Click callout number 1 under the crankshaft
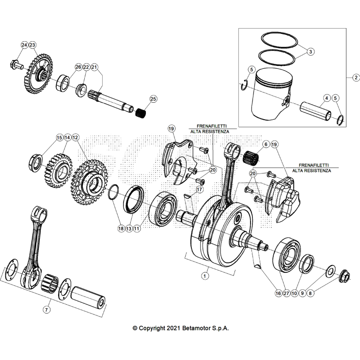[x=204, y=275]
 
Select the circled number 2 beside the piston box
[x=355, y=78]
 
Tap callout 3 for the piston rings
[x=311, y=51]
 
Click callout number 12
[x=76, y=138]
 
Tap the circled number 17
[x=199, y=189]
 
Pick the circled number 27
[x=286, y=293]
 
